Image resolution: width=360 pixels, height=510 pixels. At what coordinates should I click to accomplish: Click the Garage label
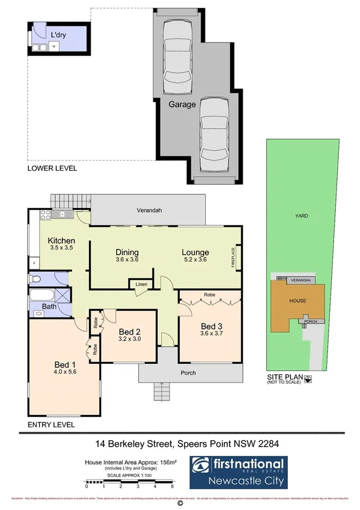click(x=182, y=104)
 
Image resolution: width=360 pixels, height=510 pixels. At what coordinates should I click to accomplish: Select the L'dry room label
click(x=58, y=35)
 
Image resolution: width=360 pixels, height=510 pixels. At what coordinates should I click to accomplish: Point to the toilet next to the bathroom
click(x=35, y=278)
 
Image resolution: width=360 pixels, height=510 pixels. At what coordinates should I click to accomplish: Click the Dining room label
click(x=127, y=252)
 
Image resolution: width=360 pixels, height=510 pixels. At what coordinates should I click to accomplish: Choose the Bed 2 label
click(x=129, y=332)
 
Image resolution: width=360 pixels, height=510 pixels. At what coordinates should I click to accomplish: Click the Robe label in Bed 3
click(x=209, y=296)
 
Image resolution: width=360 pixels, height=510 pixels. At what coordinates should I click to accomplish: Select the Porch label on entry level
click(x=188, y=373)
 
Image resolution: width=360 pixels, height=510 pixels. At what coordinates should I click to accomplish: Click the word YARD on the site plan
click(x=301, y=215)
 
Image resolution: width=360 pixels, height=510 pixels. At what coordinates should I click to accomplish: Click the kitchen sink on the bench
click(x=61, y=214)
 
